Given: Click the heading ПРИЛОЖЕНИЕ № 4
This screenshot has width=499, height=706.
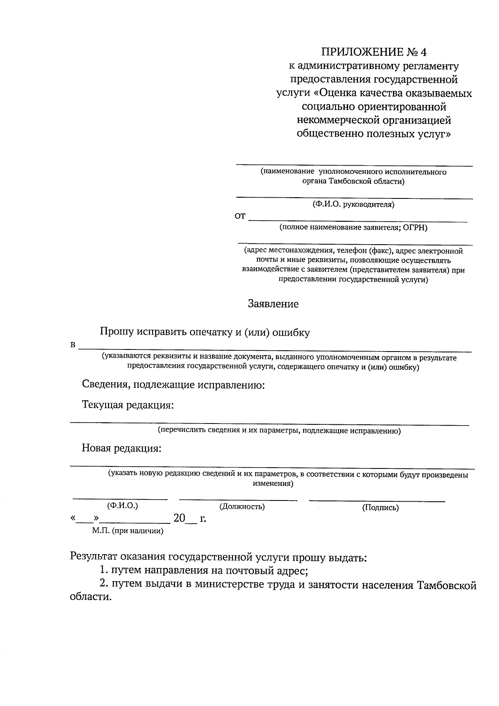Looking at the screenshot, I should pos(374,52).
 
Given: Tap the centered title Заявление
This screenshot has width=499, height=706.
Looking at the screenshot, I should pos(273,304).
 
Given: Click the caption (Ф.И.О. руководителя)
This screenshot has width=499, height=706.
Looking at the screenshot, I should pos(353,204).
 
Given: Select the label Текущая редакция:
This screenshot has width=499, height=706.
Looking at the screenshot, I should pos(128,405).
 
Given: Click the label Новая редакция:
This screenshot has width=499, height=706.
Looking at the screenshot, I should pos(121,448).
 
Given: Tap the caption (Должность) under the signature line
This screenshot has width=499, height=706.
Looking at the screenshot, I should pos(242,506).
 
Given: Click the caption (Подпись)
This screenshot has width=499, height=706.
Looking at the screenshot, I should pos(380,507).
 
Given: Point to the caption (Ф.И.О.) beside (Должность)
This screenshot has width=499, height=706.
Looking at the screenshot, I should pos(122,505).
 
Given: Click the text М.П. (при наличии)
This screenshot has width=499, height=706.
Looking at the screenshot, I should pos(128,531).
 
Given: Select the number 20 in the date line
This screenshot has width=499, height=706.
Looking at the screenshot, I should pos(179,518).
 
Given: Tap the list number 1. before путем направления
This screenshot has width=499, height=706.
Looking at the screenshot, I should pos(104,570).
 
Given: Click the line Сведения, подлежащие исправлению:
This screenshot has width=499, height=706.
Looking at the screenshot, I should pos(173,385).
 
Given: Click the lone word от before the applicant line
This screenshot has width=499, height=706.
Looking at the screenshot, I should pos(240,216).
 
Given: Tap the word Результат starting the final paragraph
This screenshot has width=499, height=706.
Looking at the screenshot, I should pos(96,557).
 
